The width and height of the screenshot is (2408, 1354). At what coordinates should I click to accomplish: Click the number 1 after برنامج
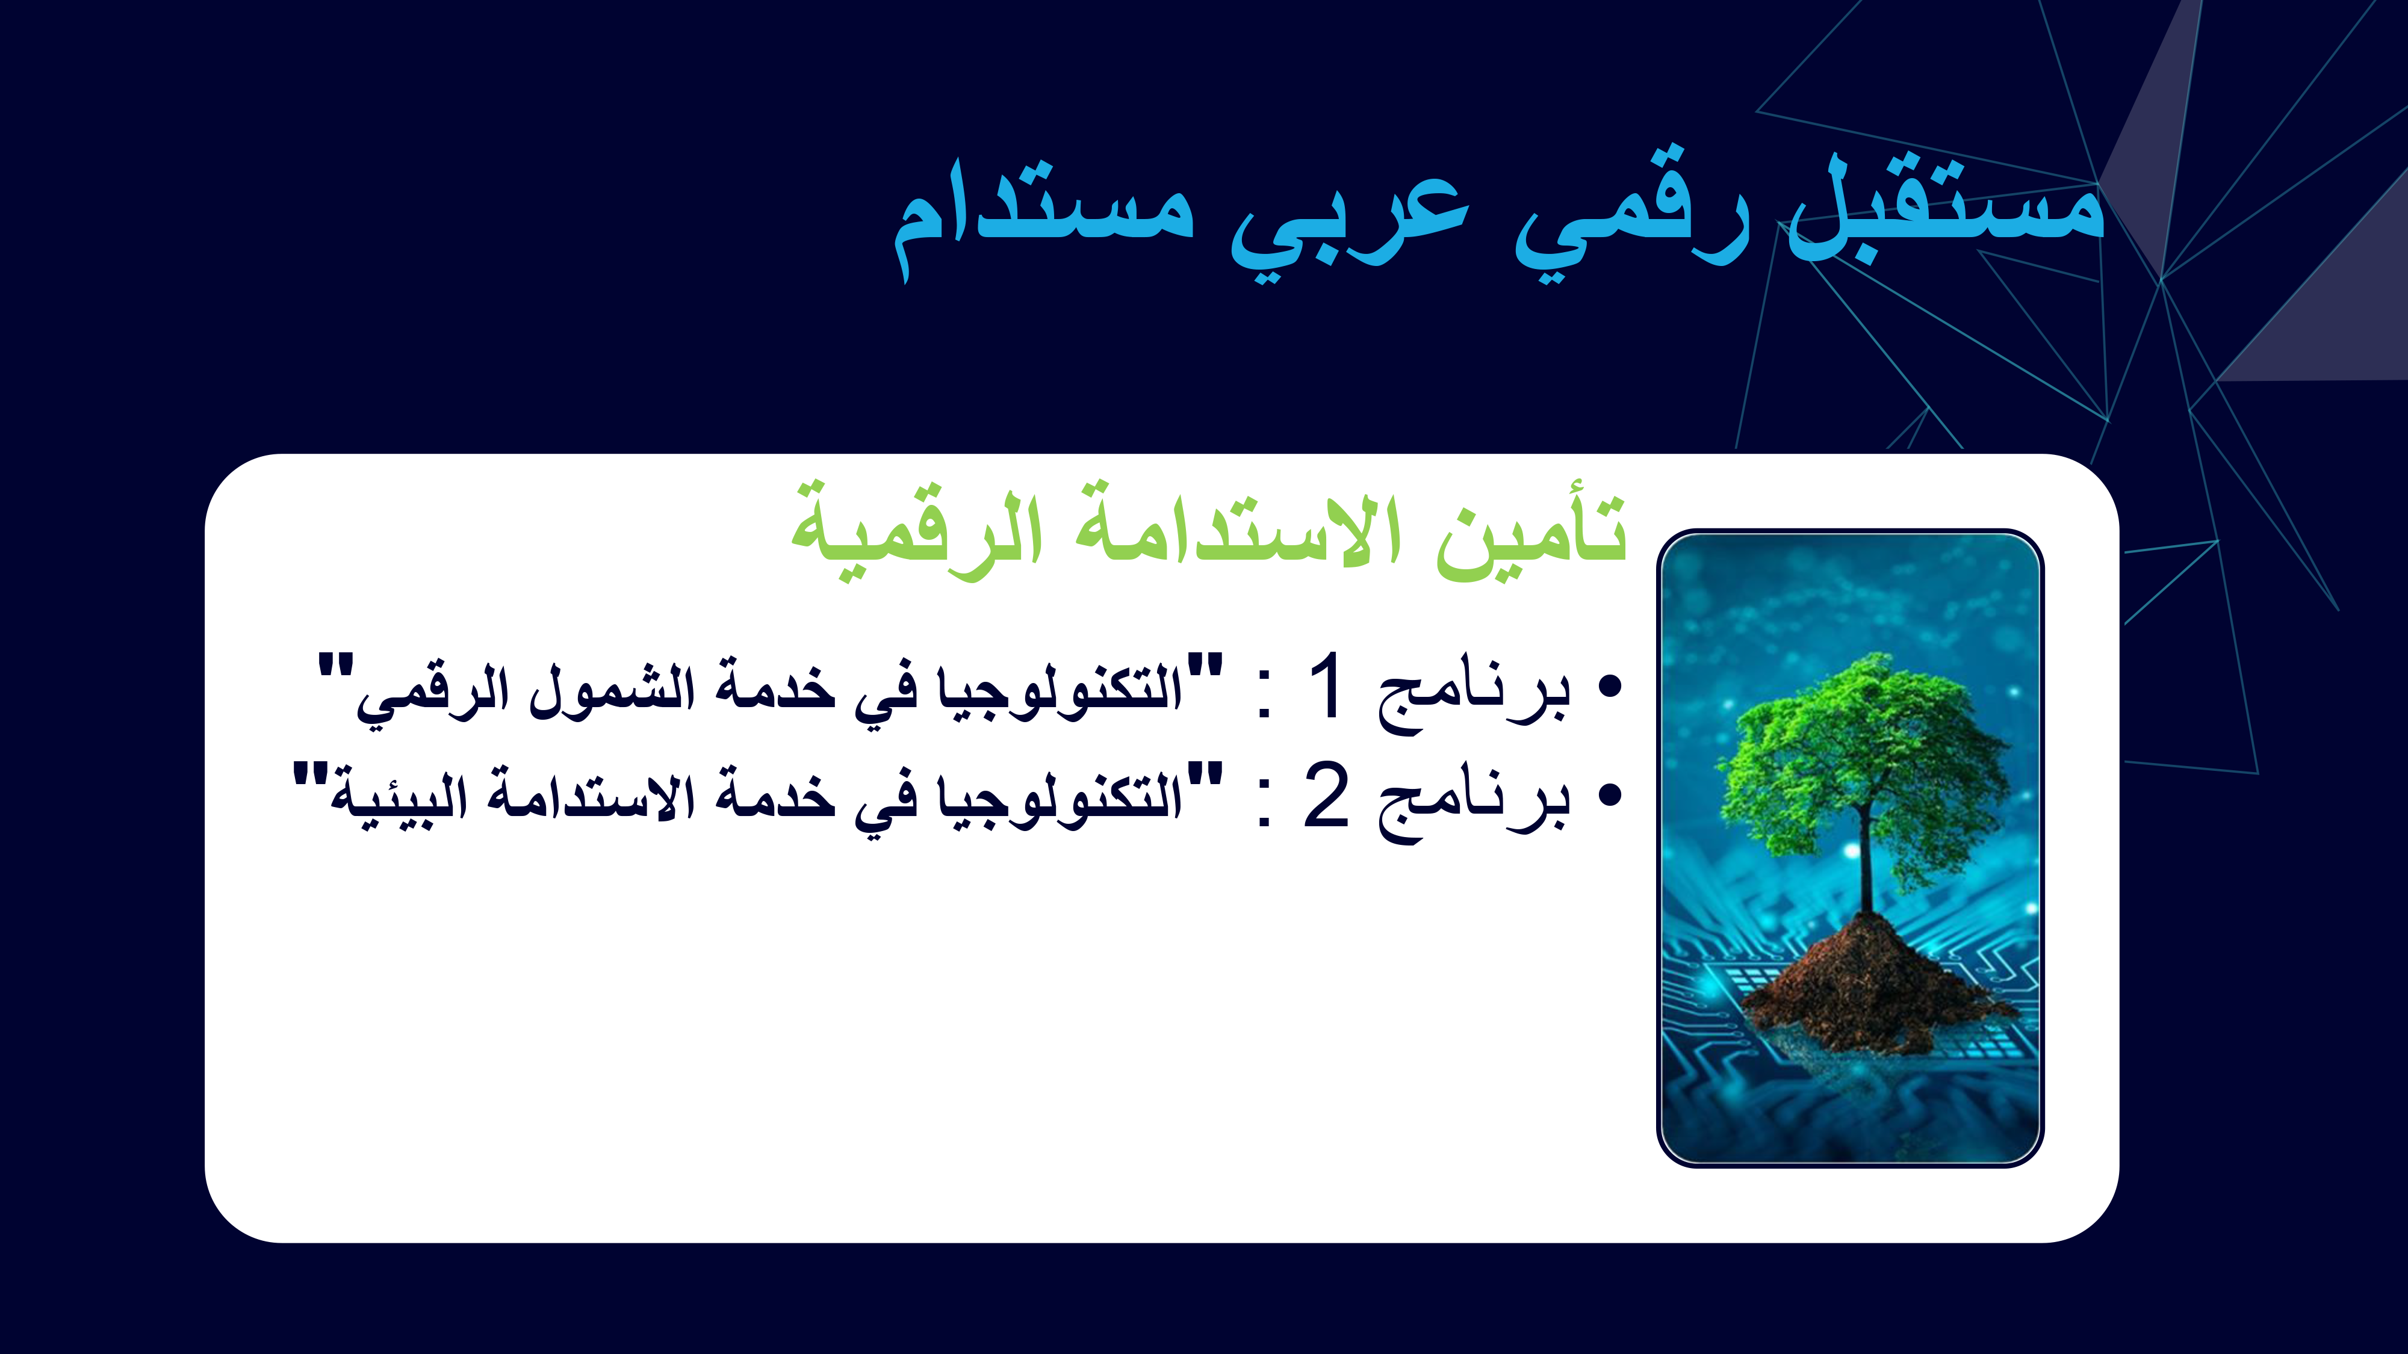pyautogui.click(x=1326, y=687)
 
